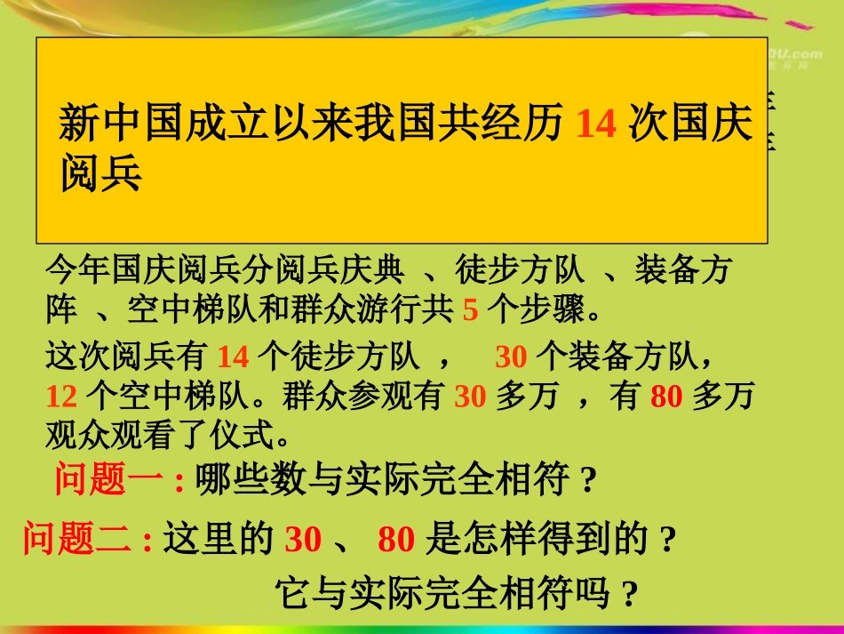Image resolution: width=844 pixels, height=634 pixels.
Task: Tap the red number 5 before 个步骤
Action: pos(471,309)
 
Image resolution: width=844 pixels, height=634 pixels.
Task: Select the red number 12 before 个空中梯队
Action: pos(61,396)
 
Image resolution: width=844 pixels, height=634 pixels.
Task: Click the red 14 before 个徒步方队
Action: pos(234,357)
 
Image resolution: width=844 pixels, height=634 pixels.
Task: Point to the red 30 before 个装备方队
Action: pos(512,357)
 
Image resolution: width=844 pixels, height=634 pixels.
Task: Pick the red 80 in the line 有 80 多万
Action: pos(666,396)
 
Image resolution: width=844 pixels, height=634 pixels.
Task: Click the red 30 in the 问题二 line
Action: pos(302,540)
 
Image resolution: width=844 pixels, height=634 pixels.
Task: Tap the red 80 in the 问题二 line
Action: pos(396,540)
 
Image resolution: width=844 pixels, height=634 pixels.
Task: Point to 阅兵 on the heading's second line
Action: pos(101,174)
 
